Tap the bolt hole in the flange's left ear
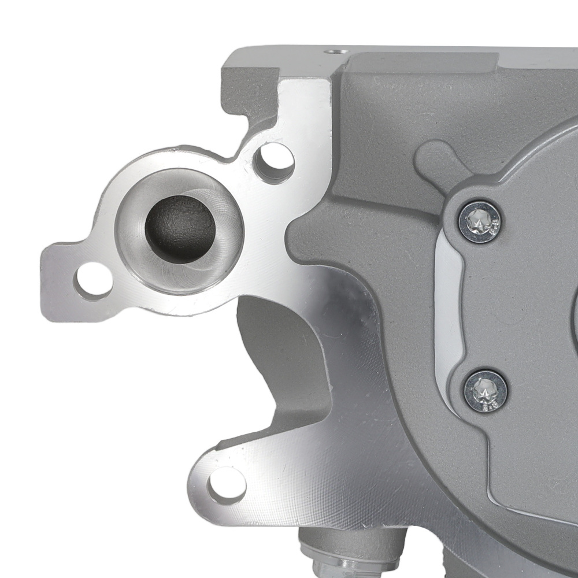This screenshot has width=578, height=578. pos(93,280)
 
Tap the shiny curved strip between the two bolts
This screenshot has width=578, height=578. pos(448,306)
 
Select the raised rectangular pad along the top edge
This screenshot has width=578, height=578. pos(422,61)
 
